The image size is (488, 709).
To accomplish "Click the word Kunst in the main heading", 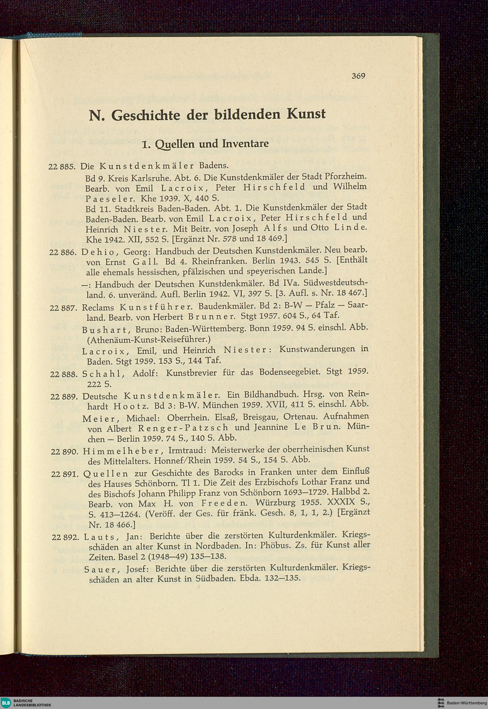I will pyautogui.click(x=306, y=115).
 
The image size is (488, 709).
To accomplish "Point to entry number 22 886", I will pyautogui.click(x=64, y=253).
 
